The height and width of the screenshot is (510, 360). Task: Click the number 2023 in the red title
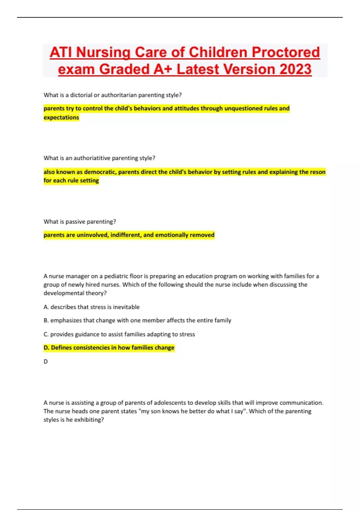tap(295, 69)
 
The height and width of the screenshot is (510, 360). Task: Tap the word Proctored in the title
tap(286, 52)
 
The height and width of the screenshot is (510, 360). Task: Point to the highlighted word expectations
tap(61, 117)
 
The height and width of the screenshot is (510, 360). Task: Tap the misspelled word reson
tap(318, 172)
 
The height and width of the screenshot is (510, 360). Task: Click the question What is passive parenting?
tap(79, 221)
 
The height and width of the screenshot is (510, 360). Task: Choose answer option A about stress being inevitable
tap(91, 307)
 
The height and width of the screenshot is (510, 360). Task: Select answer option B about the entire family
tap(137, 320)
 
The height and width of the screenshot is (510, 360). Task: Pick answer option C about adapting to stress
tap(119, 334)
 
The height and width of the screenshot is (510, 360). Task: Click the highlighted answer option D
tap(109, 348)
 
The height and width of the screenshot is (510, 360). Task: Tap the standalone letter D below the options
tap(46, 361)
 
